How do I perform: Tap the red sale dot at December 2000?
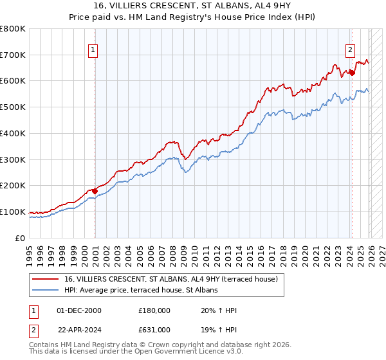point(95,190)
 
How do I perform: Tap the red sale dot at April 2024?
point(352,73)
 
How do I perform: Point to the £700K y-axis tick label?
point(13,55)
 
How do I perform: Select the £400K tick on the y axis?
point(13,133)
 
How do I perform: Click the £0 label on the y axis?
point(21,238)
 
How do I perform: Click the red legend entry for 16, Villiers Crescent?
point(170,279)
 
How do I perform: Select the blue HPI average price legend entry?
point(141,290)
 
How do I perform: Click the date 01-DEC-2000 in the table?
point(80,310)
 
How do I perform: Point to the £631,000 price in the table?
point(154,329)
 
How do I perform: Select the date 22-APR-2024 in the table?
point(80,329)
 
